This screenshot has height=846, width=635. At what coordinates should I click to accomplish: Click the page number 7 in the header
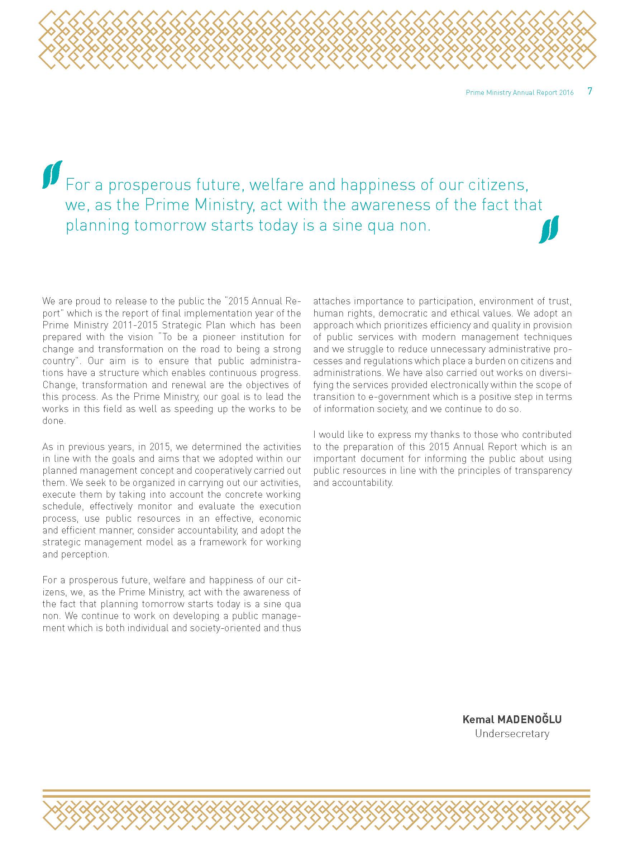pos(589,91)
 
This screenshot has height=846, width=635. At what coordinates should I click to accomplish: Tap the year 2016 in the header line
pos(566,93)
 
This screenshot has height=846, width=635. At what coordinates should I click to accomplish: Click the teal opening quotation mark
pos(52,174)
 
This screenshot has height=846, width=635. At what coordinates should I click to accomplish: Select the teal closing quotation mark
pos(549,229)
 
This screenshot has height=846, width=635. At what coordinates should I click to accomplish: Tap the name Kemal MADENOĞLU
pos(512,719)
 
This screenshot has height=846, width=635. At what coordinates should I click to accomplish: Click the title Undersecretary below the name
pos(512,734)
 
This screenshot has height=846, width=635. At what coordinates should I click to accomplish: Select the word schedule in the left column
pos(62,506)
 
